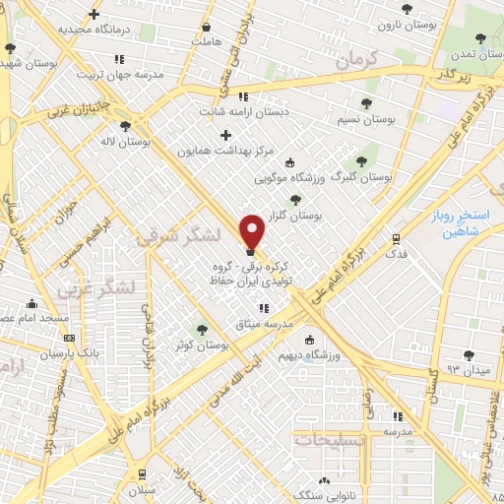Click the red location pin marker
[x=253, y=230]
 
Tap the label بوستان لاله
[x=126, y=142]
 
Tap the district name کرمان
[x=355, y=60]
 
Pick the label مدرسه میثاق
[x=266, y=324]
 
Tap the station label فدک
[x=396, y=253]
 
